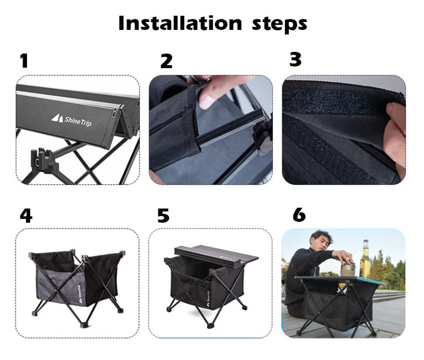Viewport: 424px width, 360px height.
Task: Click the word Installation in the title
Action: [x=180, y=23]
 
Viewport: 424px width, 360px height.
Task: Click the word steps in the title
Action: [x=279, y=24]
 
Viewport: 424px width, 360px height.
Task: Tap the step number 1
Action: [x=24, y=61]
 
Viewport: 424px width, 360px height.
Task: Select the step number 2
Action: [x=166, y=61]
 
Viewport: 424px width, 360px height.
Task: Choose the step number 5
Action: [x=163, y=216]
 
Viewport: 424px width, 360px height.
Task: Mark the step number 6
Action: [x=299, y=215]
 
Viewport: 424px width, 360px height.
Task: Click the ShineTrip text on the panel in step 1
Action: [x=78, y=121]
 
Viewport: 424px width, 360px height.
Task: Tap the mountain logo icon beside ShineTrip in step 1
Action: [x=57, y=118]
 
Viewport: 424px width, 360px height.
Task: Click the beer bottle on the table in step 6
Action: [x=365, y=259]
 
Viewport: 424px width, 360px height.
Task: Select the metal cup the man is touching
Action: [x=348, y=269]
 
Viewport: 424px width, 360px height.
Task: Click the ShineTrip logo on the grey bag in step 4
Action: [x=80, y=294]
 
